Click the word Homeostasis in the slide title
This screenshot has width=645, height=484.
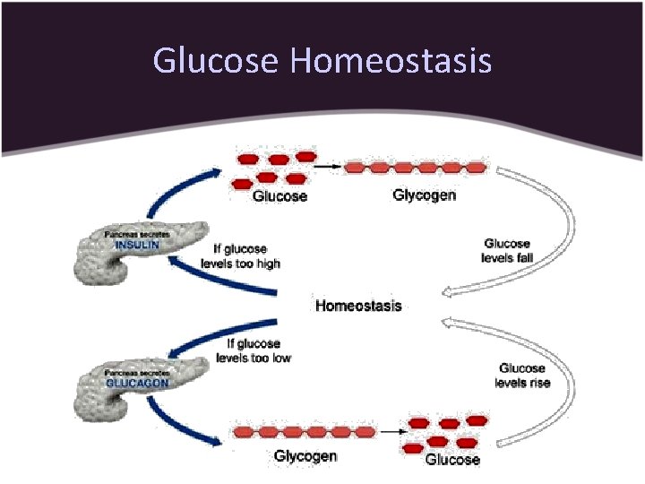click(x=391, y=61)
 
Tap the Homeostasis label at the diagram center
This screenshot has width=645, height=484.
click(x=358, y=306)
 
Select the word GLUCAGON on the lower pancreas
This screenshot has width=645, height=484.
click(x=137, y=381)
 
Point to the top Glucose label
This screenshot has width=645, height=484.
click(x=279, y=196)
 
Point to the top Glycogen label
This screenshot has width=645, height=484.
click(x=424, y=195)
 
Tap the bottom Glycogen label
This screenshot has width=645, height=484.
click(x=305, y=456)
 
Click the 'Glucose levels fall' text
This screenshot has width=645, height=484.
click(x=507, y=251)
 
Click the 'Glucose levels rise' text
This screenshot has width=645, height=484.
click(x=522, y=376)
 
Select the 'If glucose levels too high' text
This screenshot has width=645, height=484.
click(x=247, y=256)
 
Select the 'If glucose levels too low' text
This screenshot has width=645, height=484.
click(x=254, y=350)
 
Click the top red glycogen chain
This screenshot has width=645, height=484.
click(x=416, y=168)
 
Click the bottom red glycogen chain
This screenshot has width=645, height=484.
click(x=303, y=432)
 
